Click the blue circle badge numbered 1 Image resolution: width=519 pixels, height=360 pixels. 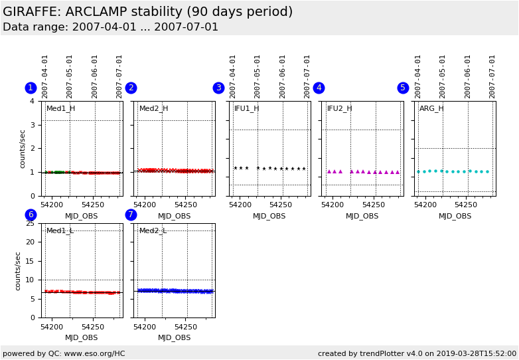pyautogui.click(x=31, y=88)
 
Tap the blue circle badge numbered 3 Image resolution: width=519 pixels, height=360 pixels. pyautogui.click(x=218, y=88)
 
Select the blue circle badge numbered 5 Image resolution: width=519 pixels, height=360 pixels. pyautogui.click(x=403, y=88)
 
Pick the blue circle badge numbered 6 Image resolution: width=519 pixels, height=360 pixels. pyautogui.click(x=31, y=215)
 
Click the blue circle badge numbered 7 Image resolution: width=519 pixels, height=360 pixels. pyautogui.click(x=131, y=215)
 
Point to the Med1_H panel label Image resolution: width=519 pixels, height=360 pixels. pyautogui.click(x=60, y=109)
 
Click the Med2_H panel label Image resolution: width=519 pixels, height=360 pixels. pyautogui.click(x=153, y=109)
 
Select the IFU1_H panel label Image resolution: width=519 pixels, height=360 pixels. pyautogui.click(x=246, y=109)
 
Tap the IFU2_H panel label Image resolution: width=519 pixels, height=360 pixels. pyautogui.click(x=339, y=109)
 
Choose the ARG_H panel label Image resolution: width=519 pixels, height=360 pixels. pyautogui.click(x=431, y=109)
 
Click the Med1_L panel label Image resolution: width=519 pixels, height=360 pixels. pyautogui.click(x=60, y=231)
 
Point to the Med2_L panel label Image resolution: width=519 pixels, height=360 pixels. pyautogui.click(x=153, y=231)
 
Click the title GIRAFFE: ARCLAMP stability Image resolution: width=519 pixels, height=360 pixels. pyautogui.click(x=147, y=12)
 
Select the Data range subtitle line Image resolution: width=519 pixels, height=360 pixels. pyautogui.click(x=110, y=27)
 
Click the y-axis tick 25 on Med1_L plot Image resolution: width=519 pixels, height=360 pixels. pyautogui.click(x=29, y=223)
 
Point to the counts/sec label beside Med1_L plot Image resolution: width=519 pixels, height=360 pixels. pyautogui.click(x=19, y=270)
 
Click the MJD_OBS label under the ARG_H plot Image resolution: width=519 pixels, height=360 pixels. pyautogui.click(x=455, y=217)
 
